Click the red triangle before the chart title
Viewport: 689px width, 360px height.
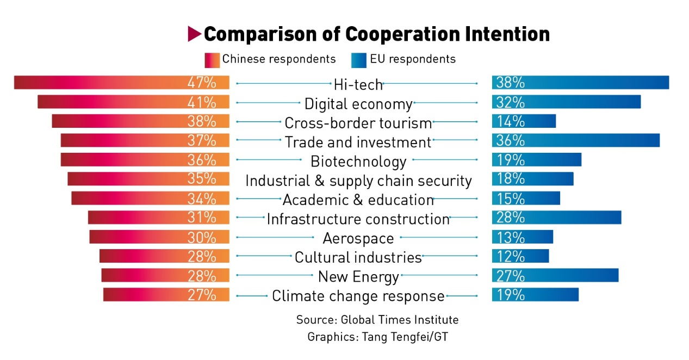click(x=194, y=34)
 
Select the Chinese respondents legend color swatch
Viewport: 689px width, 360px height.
click(x=212, y=59)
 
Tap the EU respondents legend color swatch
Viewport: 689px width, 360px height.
click(x=359, y=59)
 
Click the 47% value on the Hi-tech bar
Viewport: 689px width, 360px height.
click(x=202, y=83)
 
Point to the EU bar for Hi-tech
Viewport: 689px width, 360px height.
click(x=580, y=83)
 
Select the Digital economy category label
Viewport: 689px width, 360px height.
click(x=358, y=103)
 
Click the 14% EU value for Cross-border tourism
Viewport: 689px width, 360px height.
click(x=510, y=121)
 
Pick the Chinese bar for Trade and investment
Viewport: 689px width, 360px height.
click(x=145, y=140)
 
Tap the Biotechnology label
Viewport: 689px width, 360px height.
click(x=358, y=162)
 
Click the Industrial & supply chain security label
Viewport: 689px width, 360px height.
click(x=358, y=181)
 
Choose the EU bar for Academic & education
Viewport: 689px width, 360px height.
click(x=526, y=198)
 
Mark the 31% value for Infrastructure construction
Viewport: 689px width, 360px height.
click(x=202, y=218)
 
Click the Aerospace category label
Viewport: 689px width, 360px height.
click(x=358, y=238)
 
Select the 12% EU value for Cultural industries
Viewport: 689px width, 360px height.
click(x=510, y=256)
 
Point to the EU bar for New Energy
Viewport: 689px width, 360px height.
click(x=555, y=275)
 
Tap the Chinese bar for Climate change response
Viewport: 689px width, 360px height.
click(x=166, y=295)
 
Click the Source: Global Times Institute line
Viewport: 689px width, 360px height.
click(x=377, y=319)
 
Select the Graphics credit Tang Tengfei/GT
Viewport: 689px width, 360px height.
click(x=377, y=337)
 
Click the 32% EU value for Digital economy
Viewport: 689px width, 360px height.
click(x=510, y=102)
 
